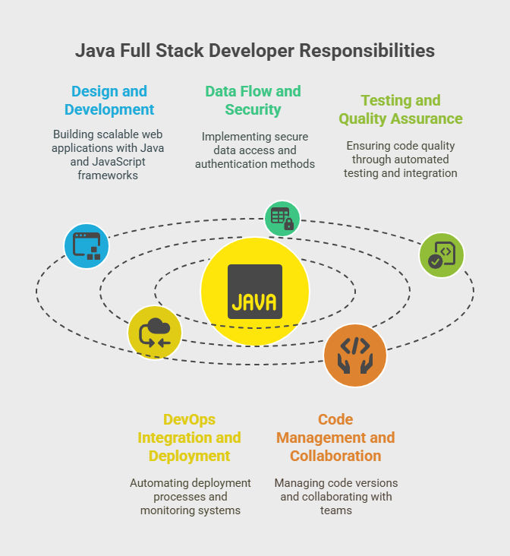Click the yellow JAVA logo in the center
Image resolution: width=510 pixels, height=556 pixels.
point(255,292)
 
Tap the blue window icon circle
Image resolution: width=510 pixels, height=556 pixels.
point(87,246)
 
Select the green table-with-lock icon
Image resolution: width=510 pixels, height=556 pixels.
point(282,219)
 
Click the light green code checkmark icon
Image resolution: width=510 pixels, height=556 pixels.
point(442,255)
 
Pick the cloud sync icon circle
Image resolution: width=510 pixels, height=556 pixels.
point(155,333)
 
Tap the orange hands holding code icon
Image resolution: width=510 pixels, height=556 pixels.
point(355,355)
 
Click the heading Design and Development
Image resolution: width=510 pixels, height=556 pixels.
point(109,100)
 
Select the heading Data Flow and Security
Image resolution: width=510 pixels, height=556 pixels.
point(253,100)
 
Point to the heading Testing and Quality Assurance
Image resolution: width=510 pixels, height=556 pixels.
point(401,109)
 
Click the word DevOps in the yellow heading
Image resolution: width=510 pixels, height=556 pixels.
point(189,419)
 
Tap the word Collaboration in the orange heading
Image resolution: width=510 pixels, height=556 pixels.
point(335,456)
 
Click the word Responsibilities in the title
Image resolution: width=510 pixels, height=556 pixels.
point(367,51)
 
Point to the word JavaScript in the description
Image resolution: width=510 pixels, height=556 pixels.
point(118,162)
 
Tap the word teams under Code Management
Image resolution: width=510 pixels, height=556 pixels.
point(336,510)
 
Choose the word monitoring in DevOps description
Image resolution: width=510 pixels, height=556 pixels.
point(165,510)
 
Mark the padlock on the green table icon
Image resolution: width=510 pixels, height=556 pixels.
point(289,224)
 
